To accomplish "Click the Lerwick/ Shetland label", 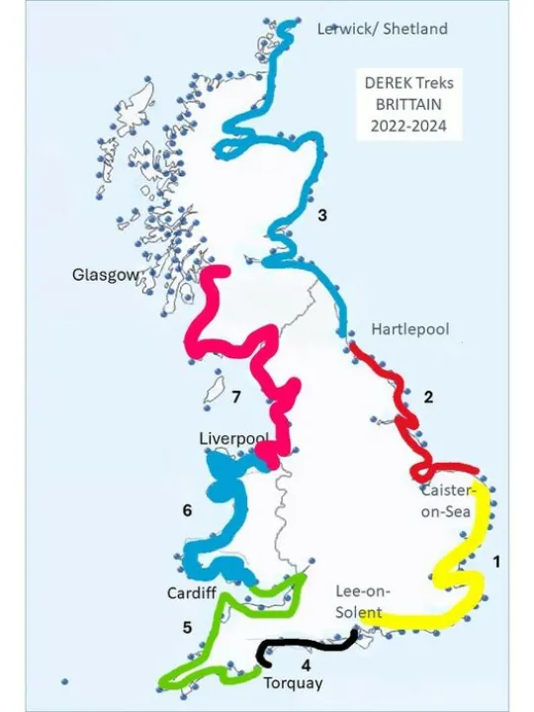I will click(382, 29).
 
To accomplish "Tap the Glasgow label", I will click(104, 275).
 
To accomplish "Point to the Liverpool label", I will click(233, 438).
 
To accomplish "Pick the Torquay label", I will click(293, 682).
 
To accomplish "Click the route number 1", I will click(496, 561).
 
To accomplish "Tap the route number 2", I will click(428, 398).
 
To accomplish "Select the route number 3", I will click(322, 215).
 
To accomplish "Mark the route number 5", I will click(187, 627).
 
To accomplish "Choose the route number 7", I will click(236, 398).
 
